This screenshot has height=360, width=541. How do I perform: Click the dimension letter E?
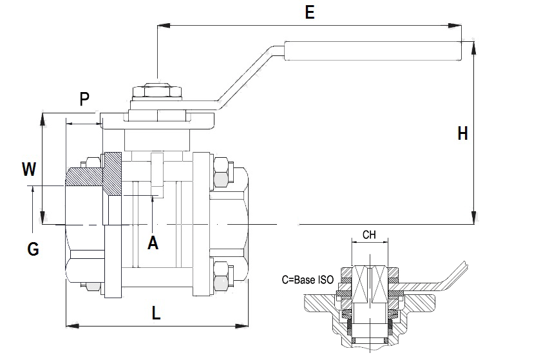point(310,12)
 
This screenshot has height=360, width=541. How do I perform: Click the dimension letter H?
point(462,133)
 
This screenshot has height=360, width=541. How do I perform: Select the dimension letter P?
point(84,99)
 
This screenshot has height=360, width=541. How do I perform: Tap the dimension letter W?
point(28,169)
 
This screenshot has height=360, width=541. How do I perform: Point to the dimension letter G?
point(33,248)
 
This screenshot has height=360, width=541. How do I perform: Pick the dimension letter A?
point(153,243)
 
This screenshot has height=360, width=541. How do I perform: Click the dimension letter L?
point(156,313)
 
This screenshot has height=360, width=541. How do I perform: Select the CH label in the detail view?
point(369,234)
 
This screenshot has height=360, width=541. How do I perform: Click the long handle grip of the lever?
point(374,52)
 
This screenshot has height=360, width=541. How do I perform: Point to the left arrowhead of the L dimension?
point(70,326)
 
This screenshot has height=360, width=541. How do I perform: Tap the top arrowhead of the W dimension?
point(43,117)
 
